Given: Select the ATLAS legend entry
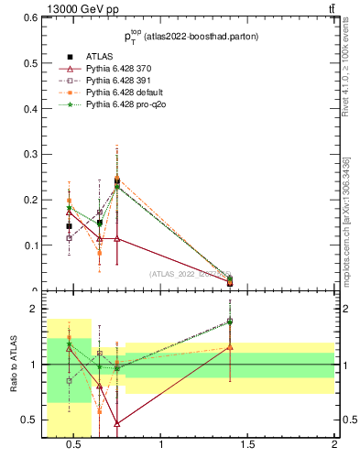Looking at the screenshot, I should pos(99,55).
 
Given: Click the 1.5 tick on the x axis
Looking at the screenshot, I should pos(248,446).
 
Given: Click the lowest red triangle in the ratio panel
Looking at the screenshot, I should pos(117,423).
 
